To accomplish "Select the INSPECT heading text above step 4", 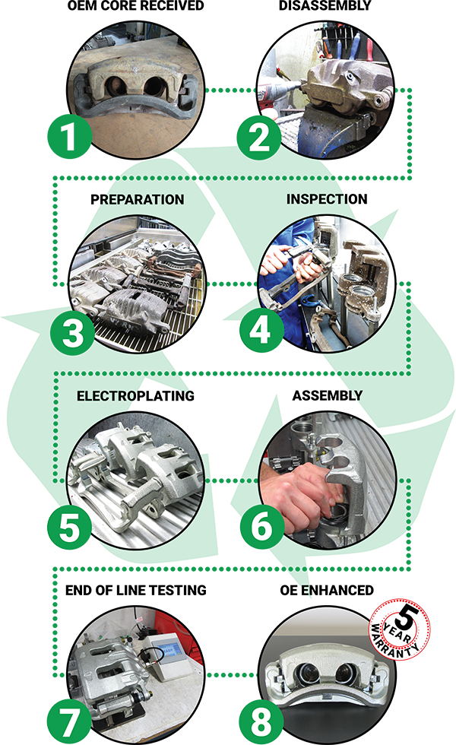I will (319, 199).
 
